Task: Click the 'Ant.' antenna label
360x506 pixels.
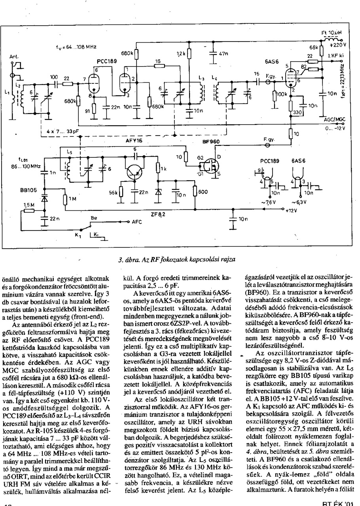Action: pos(14,57)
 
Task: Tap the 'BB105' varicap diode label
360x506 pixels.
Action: pos(28,190)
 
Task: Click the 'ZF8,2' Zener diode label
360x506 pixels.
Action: pos(158,215)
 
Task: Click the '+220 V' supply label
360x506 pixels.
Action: pos(339,44)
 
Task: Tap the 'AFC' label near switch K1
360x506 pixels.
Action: pos(137,222)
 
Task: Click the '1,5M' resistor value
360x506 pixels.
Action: pos(29,205)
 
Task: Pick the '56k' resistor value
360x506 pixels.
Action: pos(114,193)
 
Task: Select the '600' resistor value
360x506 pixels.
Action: pos(203,192)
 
